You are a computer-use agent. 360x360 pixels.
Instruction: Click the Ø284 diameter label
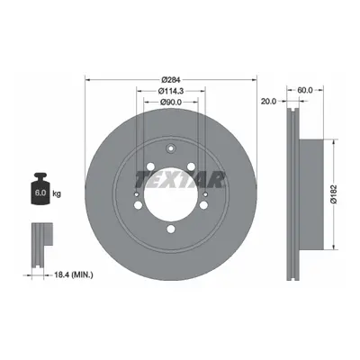[x=171, y=80]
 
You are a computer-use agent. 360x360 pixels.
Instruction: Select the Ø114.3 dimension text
[x=171, y=90]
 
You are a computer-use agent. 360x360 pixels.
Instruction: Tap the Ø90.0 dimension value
[x=171, y=102]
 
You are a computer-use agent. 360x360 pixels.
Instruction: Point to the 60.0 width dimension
[x=305, y=90]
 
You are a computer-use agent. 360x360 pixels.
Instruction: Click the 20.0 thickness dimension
[x=268, y=102]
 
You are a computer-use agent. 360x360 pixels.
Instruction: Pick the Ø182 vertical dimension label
[x=334, y=194]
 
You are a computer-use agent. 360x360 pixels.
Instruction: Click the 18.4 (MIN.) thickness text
[x=74, y=274]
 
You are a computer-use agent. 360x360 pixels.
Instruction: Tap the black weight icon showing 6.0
[x=40, y=188]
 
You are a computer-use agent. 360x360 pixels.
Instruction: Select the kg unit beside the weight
[x=57, y=193]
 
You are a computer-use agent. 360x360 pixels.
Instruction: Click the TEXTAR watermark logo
[x=180, y=180]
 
